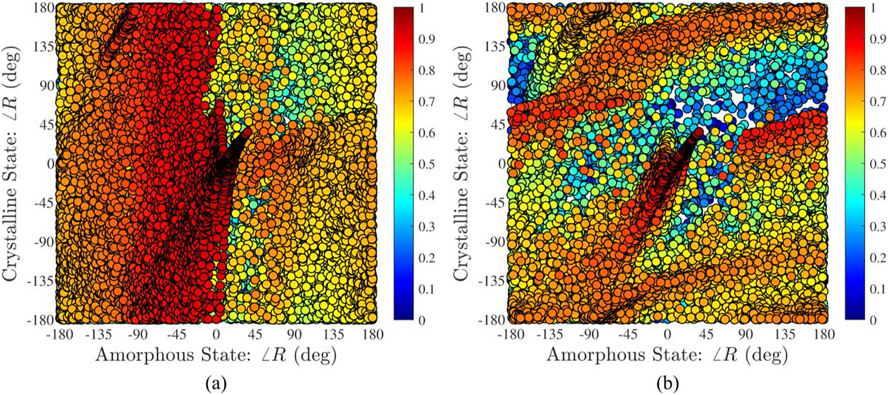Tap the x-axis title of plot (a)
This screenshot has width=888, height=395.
(216, 355)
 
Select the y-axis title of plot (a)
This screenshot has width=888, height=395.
(15, 164)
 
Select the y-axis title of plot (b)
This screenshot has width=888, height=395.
(466, 164)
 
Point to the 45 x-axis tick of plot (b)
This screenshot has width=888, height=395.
(706, 334)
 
